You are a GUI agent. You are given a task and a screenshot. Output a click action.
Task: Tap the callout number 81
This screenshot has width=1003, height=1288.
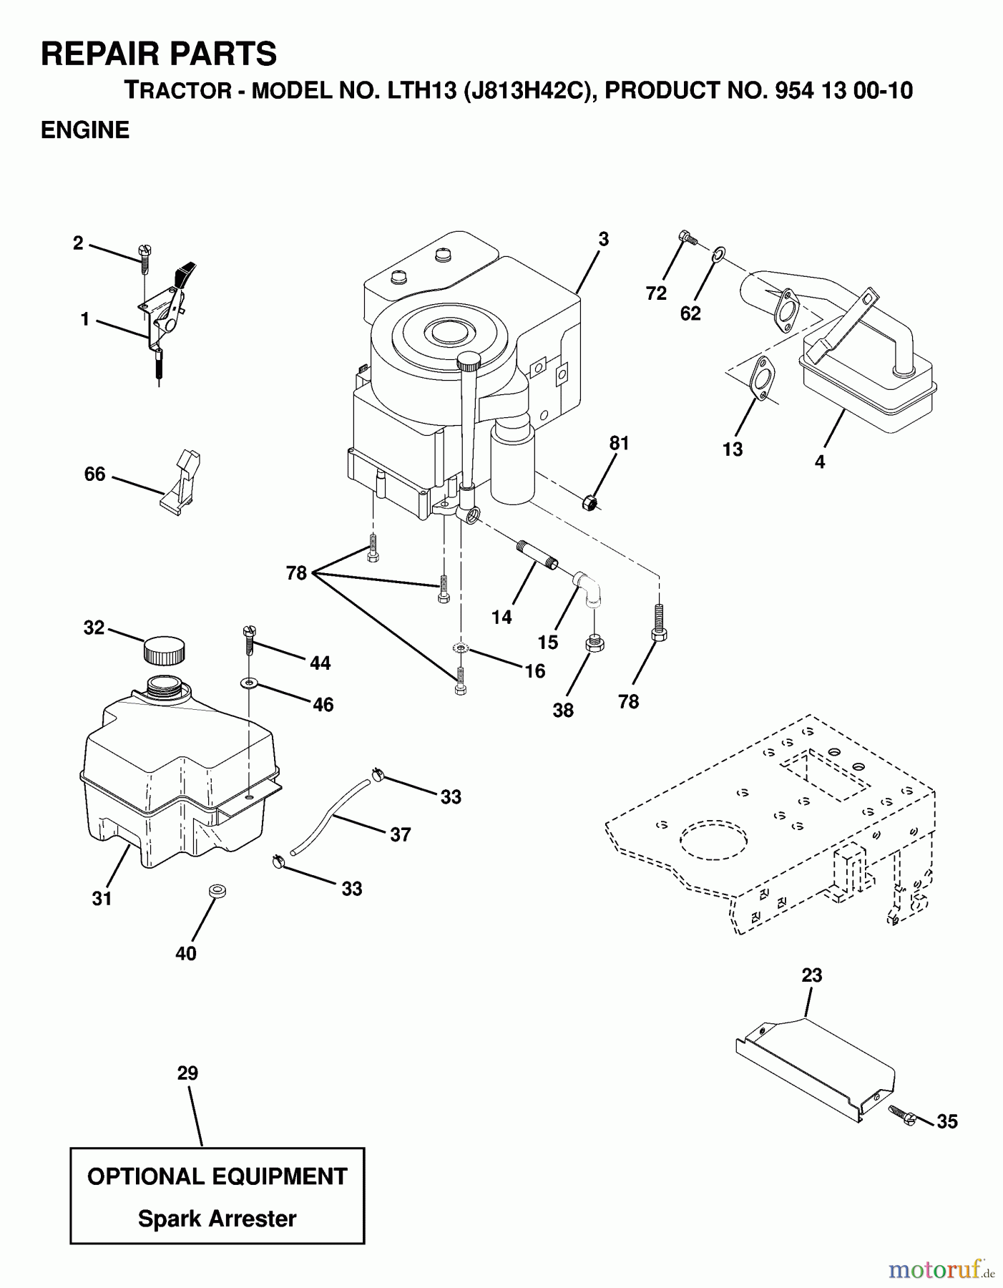pyautogui.click(x=619, y=444)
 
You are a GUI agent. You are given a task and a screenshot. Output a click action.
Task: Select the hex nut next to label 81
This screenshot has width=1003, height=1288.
pyautogui.click(x=589, y=503)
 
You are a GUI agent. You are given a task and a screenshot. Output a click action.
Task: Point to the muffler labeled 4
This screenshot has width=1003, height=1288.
pyautogui.click(x=869, y=386)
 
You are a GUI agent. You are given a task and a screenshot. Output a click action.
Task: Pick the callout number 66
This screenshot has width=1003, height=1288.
pyautogui.click(x=94, y=474)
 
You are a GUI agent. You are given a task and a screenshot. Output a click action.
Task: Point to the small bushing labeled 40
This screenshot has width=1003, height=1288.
pyautogui.click(x=216, y=891)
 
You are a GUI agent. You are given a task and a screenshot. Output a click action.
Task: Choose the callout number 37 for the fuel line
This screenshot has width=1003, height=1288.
pyautogui.click(x=400, y=834)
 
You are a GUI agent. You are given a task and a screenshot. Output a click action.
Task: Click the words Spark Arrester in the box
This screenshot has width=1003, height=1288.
pyautogui.click(x=217, y=1218)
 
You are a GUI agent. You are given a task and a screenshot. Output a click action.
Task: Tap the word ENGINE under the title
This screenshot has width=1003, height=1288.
pyautogui.click(x=85, y=130)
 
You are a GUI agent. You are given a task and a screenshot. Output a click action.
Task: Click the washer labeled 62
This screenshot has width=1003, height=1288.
pyautogui.click(x=719, y=253)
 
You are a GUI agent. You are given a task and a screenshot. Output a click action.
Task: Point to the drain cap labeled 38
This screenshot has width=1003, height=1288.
pyautogui.click(x=594, y=643)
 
